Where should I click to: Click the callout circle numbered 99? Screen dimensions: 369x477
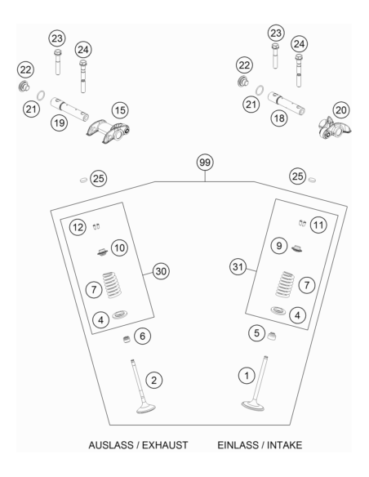coord(205,163)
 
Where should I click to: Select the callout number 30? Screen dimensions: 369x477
coord(161,271)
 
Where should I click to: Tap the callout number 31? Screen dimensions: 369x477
coord(238,267)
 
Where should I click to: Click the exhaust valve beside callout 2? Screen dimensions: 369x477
coord(142,386)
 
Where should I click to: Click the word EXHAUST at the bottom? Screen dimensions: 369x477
coord(165,445)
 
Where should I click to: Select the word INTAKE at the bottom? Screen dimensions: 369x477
coord(284,445)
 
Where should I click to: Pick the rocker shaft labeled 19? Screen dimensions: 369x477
coord(69,109)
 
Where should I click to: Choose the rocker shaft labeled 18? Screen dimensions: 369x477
coord(287,103)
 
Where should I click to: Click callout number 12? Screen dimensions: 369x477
coord(78,227)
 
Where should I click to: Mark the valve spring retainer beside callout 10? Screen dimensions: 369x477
coord(102,252)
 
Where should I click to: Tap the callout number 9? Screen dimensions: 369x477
coord(278,246)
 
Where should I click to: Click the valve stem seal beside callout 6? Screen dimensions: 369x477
coord(127,339)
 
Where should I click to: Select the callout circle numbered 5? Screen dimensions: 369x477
coord(257,332)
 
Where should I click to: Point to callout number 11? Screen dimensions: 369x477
coord(318,225)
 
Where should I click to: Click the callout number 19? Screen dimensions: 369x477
coord(59,123)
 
